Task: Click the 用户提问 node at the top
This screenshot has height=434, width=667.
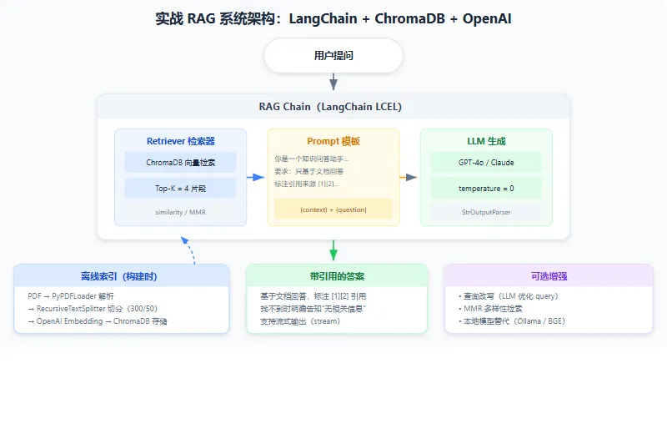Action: coord(333,55)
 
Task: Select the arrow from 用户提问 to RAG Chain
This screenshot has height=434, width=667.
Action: coord(333,81)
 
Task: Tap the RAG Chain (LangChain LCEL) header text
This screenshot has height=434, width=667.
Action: coord(330,107)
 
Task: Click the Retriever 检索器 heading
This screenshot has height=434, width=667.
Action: coord(180,141)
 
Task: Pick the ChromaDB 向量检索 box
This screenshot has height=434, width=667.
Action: coord(180,162)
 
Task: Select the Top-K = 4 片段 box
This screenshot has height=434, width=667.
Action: coord(180,189)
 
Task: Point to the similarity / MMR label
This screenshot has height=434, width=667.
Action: coord(180,212)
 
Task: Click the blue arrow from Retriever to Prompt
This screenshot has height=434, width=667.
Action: coord(256,177)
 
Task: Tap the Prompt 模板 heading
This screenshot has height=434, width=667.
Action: coord(333,141)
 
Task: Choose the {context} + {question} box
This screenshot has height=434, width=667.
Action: coord(333,209)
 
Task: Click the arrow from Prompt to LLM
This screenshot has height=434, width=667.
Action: coord(409,177)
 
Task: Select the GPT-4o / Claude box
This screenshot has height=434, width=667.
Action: coord(486,162)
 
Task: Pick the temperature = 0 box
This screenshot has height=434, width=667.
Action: coord(486,189)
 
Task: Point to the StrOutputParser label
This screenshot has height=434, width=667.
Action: coord(486,212)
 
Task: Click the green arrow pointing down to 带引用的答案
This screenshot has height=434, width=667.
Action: coord(333,250)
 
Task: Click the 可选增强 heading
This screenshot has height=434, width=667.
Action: coord(549,276)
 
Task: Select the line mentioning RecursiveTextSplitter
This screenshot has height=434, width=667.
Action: coord(93,308)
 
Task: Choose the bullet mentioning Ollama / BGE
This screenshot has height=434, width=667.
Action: coord(512,321)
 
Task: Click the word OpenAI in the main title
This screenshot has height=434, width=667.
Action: coord(487,18)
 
